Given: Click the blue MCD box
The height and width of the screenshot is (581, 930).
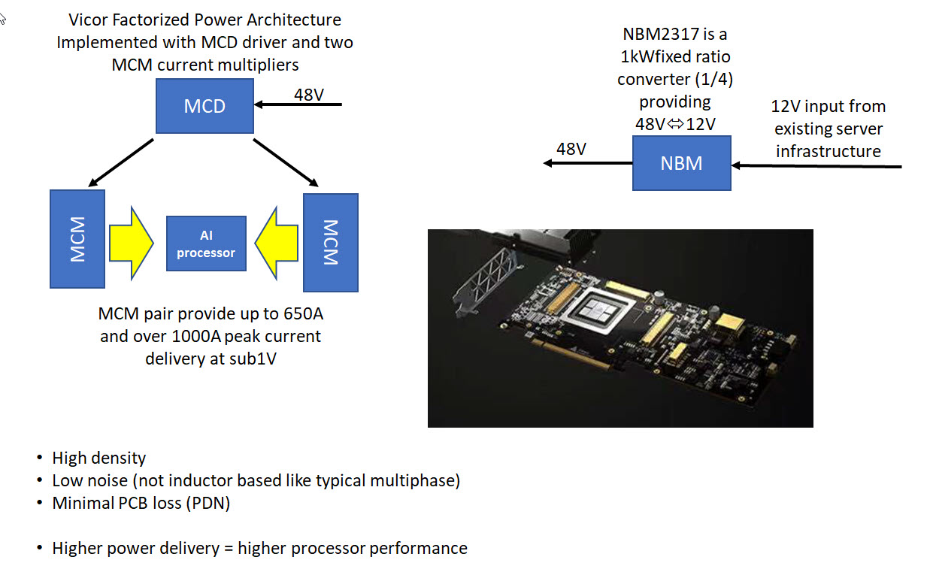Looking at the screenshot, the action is click(x=204, y=106).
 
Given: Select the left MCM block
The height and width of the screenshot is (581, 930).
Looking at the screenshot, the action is click(x=77, y=239).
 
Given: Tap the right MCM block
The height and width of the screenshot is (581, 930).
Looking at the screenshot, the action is click(x=331, y=243).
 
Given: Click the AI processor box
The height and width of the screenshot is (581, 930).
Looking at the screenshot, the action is click(x=206, y=244).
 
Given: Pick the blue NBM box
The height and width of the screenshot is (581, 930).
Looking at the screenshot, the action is click(x=682, y=163).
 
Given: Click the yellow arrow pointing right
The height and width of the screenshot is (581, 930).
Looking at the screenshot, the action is click(x=132, y=244).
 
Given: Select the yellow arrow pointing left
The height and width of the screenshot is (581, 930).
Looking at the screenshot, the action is click(x=276, y=244).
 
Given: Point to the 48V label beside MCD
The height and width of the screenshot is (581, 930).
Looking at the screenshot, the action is click(x=309, y=95).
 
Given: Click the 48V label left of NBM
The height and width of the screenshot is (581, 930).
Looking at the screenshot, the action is click(x=571, y=149).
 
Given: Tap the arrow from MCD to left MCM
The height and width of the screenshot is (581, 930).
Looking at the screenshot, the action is click(x=121, y=162).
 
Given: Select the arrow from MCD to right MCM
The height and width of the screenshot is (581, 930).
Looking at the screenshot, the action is click(x=286, y=162).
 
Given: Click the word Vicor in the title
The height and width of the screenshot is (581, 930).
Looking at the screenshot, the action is click(x=87, y=20).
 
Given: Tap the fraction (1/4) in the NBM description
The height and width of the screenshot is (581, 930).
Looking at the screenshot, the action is click(x=716, y=79).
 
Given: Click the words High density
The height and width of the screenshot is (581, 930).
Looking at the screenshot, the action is click(x=99, y=458).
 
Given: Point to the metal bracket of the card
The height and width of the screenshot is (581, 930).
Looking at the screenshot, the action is click(x=486, y=279).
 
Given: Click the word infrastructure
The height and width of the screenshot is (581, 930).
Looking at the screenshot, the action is click(x=829, y=152).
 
